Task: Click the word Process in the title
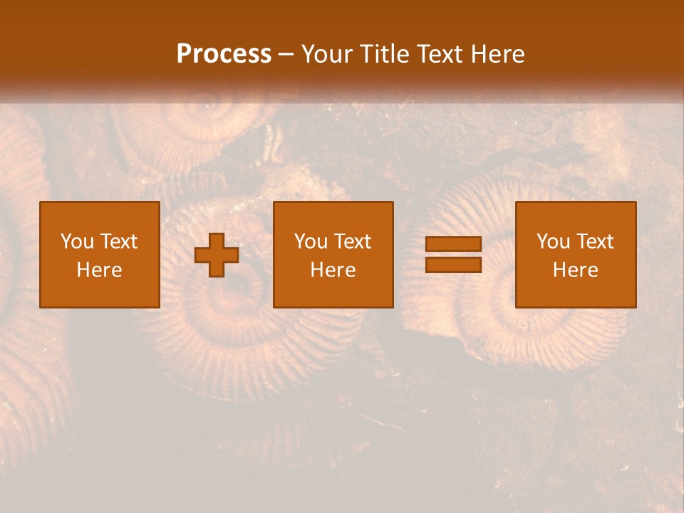point(224,54)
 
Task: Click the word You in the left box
point(77,242)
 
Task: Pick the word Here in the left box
point(99,270)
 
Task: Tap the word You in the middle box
point(311,242)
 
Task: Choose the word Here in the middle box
point(333,270)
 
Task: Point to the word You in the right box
point(553,242)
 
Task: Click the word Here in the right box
point(575,270)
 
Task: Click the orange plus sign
point(217,254)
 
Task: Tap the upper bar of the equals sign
point(453,244)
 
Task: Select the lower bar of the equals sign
point(453,265)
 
